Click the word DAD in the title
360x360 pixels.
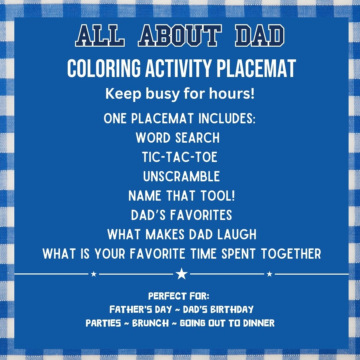tap(260, 36)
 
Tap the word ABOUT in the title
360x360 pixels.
tap(180, 36)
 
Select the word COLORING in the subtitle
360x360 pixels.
tap(104, 68)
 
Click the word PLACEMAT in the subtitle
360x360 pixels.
tap(256, 68)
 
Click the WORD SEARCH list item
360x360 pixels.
tap(178, 138)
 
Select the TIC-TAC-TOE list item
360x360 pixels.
tap(180, 157)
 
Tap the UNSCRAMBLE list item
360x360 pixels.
tap(181, 176)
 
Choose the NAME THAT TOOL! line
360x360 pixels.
tap(182, 196)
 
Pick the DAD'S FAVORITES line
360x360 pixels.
tap(182, 215)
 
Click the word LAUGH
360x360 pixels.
tap(237, 234)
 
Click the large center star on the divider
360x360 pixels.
tap(182, 274)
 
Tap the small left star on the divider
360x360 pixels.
tap(94, 274)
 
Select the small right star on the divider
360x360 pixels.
tap(270, 274)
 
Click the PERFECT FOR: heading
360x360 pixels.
tap(179, 296)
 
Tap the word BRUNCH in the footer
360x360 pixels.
tap(150, 323)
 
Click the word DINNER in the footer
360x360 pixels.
tap(259, 323)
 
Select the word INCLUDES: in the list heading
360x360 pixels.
tap(227, 118)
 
